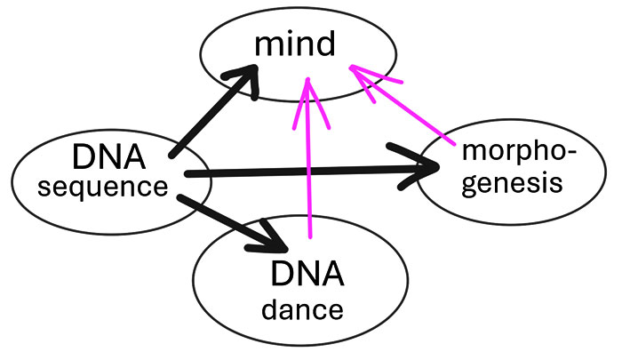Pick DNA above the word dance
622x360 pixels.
coord(307,276)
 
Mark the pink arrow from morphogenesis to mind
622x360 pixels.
coord(409,111)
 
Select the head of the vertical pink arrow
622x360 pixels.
coord(307,89)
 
